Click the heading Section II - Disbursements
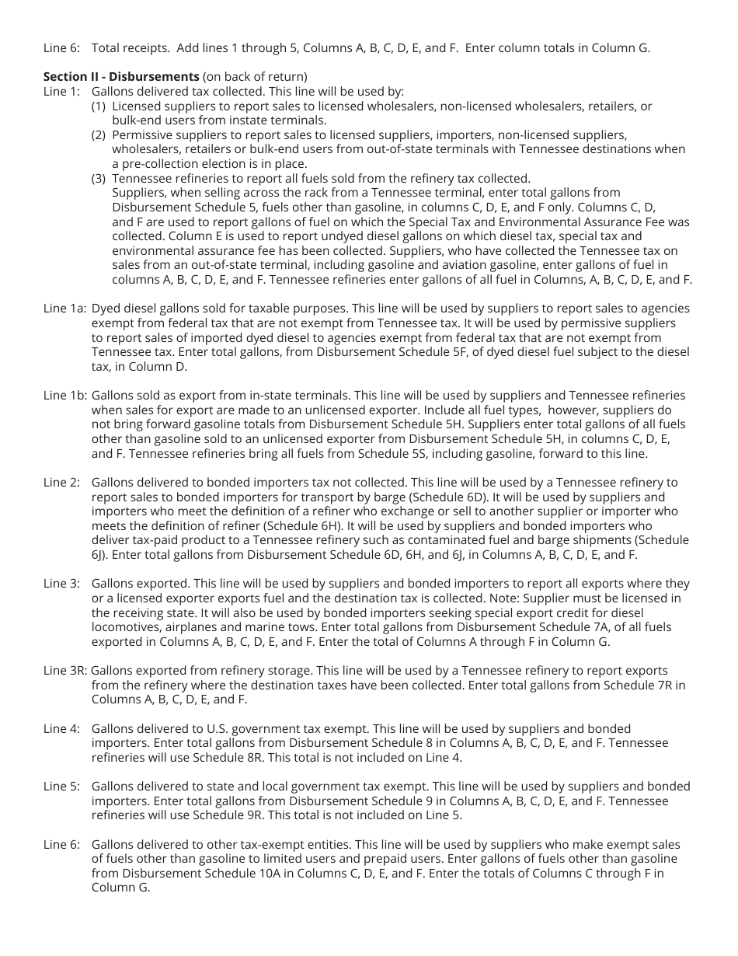pos(121,76)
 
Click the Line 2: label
pos(61,483)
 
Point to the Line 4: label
pos(61,729)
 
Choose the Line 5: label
pos(61,787)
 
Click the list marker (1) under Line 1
pos(99,106)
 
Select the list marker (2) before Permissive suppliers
pos(99,134)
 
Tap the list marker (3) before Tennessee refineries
pos(99,178)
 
